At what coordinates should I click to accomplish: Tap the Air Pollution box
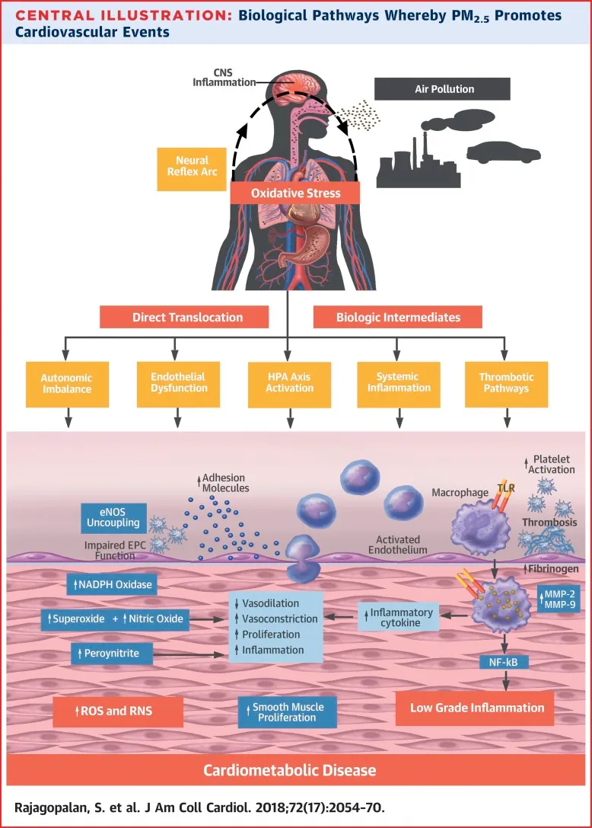(x=444, y=89)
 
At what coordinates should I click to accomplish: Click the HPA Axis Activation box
(x=289, y=382)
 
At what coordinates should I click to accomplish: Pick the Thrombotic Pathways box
(x=507, y=382)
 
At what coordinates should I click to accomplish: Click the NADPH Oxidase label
(x=110, y=585)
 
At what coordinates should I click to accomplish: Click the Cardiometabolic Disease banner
(x=289, y=770)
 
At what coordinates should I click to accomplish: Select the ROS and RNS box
(x=118, y=711)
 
